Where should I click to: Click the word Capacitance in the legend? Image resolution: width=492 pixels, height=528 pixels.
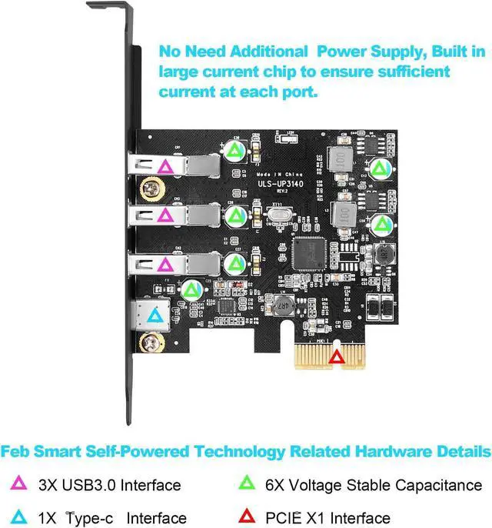click(x=437, y=485)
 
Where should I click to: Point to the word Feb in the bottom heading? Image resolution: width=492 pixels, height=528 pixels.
click(x=18, y=451)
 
